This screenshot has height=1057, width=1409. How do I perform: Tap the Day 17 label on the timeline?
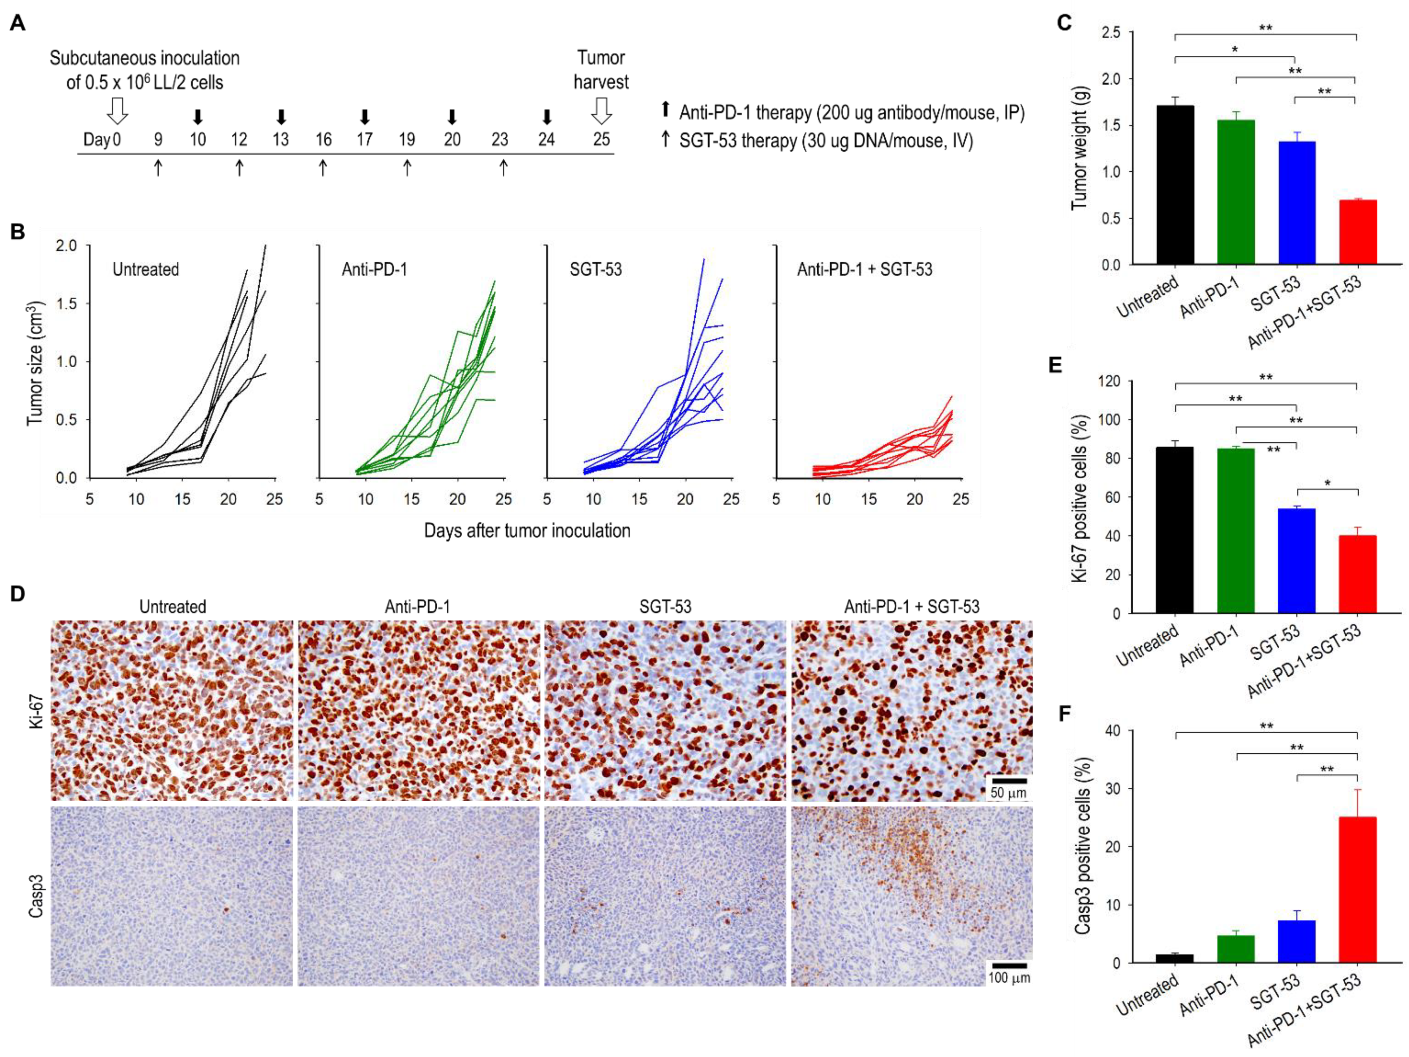coord(364,139)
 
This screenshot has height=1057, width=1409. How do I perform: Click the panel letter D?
coord(18,594)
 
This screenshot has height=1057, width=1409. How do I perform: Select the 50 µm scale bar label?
coord(1008,793)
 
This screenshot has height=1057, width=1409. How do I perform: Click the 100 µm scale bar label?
coord(1008,977)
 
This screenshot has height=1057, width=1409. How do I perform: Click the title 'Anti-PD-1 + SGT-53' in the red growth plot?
coord(864,270)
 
